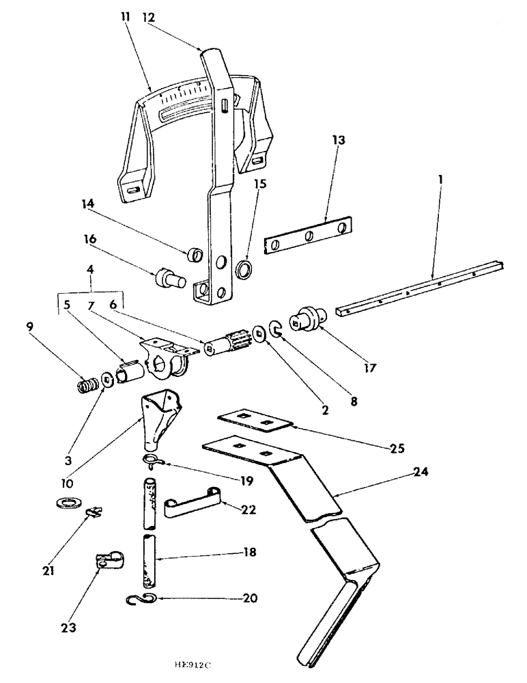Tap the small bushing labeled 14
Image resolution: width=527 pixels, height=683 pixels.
195,257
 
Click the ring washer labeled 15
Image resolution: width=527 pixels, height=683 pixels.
243,268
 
